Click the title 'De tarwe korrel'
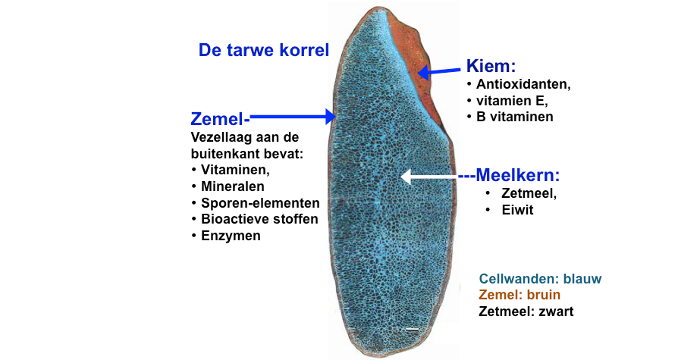coord(264,50)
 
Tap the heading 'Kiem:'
coord(491,66)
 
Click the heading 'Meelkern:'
coord(517,175)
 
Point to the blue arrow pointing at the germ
coord(439,71)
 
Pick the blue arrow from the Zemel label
coord(293,116)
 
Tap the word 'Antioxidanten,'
coord(523,84)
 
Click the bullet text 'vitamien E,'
coord(512,101)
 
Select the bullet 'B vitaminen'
coord(514,117)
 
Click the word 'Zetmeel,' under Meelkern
coord(529,193)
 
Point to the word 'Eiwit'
coord(517,210)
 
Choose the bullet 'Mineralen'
coord(233,186)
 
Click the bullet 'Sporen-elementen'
coord(260,202)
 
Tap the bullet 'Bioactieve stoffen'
coord(259,219)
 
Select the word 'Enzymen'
coord(231,236)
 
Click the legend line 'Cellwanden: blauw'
coord(540,279)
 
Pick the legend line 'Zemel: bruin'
coord(519,295)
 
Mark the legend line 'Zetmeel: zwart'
coord(526,311)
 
